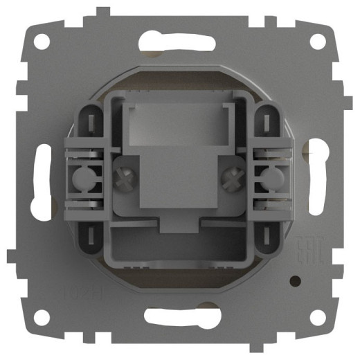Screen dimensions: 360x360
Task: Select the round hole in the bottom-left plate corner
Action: click(42, 316)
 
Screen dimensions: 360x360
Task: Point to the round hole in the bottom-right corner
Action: click(318, 316)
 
